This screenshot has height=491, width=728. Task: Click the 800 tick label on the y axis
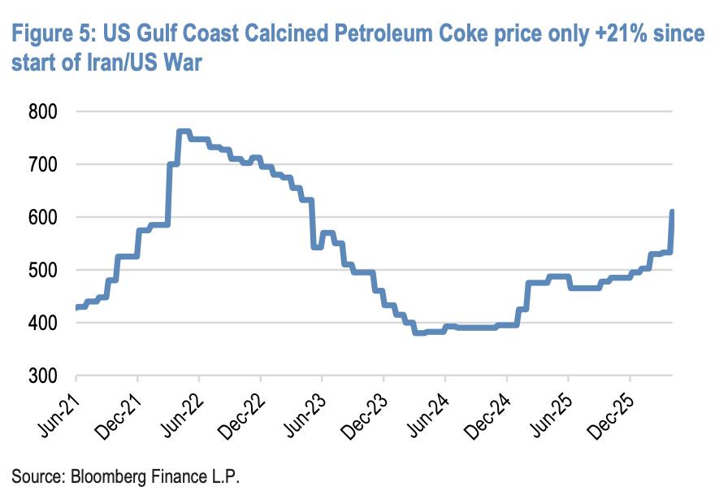tap(43, 112)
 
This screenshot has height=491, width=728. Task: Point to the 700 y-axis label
tap(43, 164)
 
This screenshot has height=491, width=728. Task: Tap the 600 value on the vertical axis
tap(43, 217)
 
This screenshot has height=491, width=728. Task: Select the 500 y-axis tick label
tap(43, 270)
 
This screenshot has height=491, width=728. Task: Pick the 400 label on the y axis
tap(43, 323)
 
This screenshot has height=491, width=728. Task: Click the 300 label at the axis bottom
tap(43, 376)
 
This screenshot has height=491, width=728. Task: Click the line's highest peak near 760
tap(184, 132)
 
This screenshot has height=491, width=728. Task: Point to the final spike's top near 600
tap(672, 212)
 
